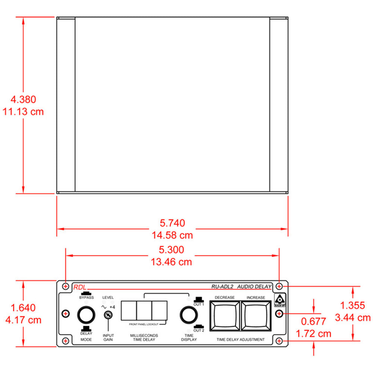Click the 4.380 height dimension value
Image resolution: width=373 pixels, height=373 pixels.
23,100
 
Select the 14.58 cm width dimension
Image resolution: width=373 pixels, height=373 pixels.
172,235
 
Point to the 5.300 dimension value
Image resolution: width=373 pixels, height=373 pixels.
172,250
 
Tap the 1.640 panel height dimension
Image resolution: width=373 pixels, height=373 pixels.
23,308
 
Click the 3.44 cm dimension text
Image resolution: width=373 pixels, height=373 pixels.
353,317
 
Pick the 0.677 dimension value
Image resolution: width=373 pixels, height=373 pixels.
314,321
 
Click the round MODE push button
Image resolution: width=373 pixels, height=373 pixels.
86,315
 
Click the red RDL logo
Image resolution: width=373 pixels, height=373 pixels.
79,287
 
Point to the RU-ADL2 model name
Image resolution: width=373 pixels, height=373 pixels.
223,286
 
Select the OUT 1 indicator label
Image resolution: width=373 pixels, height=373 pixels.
198,304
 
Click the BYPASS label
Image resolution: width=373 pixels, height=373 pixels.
86,297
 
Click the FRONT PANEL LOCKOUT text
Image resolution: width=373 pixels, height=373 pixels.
144,324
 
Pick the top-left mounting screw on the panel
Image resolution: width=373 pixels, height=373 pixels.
66,286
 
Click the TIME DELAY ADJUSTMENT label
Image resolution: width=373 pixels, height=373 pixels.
241,340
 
